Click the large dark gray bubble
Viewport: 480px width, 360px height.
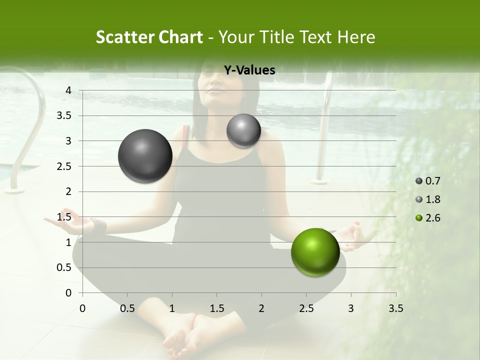tap(145, 156)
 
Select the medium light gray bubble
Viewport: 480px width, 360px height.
tap(243, 130)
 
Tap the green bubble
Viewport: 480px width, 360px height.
tap(315, 252)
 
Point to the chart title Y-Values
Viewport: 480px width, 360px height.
tap(249, 70)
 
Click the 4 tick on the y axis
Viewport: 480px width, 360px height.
tap(68, 90)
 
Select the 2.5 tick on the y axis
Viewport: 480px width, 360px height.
tap(65, 166)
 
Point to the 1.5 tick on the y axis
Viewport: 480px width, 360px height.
tap(65, 217)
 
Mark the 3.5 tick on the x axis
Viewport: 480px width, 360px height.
tap(396, 308)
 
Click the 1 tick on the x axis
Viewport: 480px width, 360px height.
tap(172, 308)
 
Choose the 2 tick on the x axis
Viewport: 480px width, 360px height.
tap(261, 308)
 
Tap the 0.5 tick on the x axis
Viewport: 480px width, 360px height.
tap(127, 308)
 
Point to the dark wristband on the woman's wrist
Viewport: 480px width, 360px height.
tap(99, 225)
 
